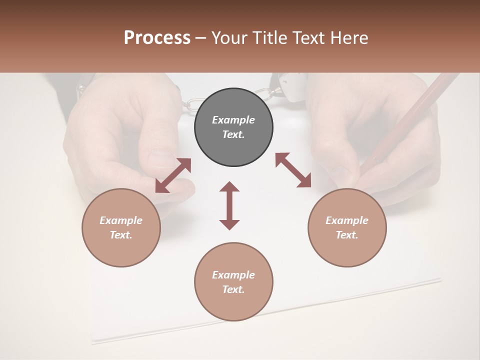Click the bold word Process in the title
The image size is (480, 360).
click(x=157, y=38)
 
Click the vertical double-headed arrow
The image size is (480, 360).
click(x=229, y=205)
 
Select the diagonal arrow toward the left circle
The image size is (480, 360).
click(x=173, y=175)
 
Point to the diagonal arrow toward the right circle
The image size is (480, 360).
click(x=293, y=170)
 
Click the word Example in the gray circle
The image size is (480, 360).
click(x=233, y=120)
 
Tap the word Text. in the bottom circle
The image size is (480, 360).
click(x=233, y=289)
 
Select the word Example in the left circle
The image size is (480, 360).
click(x=121, y=220)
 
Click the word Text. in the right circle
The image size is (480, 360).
click(x=347, y=235)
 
